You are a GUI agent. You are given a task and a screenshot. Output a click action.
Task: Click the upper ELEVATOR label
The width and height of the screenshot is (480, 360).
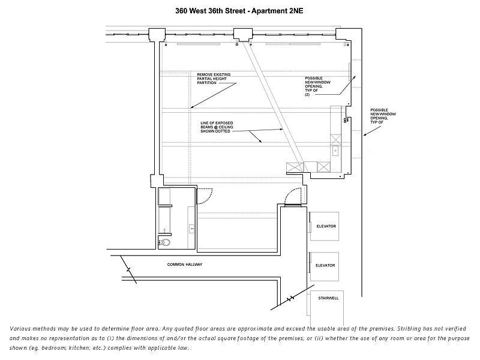(x=326, y=226)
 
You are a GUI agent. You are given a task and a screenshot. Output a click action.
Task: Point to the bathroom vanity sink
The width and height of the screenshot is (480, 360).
(x=191, y=228)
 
